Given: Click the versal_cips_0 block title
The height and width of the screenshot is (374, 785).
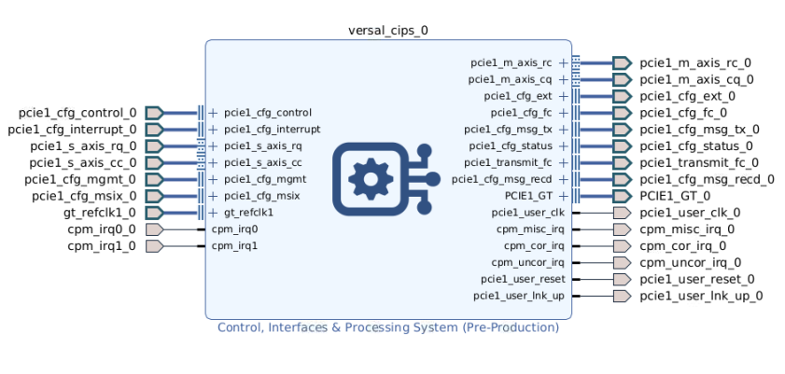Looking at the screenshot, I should click(387, 30).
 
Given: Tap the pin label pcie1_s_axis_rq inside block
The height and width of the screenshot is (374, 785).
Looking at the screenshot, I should click(263, 146).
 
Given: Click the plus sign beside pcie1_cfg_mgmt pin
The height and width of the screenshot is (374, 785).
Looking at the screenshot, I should click(213, 179).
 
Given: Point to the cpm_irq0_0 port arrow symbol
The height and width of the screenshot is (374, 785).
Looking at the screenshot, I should click(155, 229).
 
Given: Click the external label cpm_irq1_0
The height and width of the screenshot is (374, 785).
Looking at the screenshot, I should click(102, 246).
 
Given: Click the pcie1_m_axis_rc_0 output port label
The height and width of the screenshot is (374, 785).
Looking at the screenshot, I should click(695, 62).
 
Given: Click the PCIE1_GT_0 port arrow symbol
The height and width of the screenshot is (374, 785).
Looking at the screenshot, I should click(622, 196).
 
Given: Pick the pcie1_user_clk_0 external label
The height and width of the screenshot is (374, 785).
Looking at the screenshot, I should click(690, 213).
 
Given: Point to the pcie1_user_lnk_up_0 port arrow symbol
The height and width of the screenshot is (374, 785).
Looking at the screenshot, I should click(621, 297).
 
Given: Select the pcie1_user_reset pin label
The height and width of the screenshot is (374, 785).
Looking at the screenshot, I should click(523, 280).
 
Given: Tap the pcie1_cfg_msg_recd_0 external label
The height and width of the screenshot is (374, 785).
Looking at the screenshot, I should click(707, 179).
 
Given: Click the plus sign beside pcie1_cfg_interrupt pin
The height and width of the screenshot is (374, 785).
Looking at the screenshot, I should click(213, 130).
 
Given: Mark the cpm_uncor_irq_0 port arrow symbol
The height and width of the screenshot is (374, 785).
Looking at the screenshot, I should click(621, 263).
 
